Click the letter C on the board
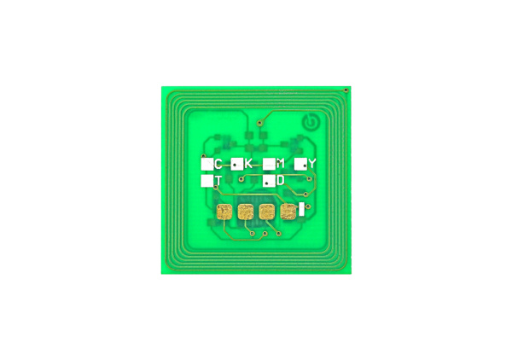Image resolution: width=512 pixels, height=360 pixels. coord(218,163)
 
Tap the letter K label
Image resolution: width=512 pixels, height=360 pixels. coord(248,163)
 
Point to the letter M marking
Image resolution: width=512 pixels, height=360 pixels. coord(280,163)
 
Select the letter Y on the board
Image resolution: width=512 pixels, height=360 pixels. coord(311,163)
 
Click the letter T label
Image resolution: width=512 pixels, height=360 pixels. coord(218,181)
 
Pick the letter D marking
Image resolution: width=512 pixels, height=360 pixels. coord(280,181)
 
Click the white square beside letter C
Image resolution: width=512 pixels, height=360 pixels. coord(207,163)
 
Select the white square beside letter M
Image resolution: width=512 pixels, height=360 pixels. coord(268,163)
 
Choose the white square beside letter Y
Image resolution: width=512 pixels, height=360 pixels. coord(300,163)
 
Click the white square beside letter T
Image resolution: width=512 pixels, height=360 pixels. coord(207,181)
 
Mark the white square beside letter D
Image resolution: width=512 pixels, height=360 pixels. coord(268,182)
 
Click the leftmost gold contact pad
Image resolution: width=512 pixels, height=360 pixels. coord(225,212)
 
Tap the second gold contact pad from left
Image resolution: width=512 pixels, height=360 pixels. coord(247,212)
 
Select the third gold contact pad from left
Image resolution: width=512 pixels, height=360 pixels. coord(267,212)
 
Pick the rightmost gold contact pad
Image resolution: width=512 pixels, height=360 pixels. coord(288,212)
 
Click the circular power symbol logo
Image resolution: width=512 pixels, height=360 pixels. coord(310,123)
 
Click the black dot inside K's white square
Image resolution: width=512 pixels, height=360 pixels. coord(235,163)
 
